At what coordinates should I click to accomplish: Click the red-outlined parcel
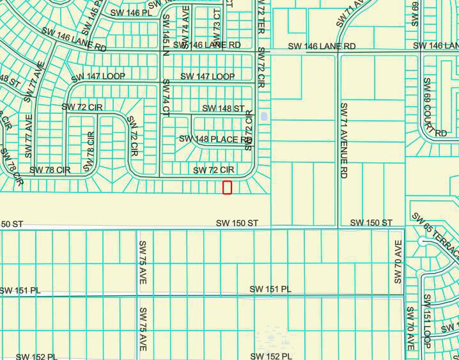(227, 187)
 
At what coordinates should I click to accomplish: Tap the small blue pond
(264, 118)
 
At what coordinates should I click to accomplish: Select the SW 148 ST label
(223, 109)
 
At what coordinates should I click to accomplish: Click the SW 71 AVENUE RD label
(344, 139)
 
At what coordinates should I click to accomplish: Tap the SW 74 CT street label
(166, 97)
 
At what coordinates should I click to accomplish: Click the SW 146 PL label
(132, 12)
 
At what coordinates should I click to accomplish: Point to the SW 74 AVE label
(185, 23)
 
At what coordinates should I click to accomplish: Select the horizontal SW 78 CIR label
(49, 170)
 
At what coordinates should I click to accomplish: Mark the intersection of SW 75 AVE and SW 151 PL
(139, 295)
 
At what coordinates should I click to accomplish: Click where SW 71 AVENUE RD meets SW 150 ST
(338, 227)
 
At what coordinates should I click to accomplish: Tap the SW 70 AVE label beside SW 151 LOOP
(410, 328)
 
